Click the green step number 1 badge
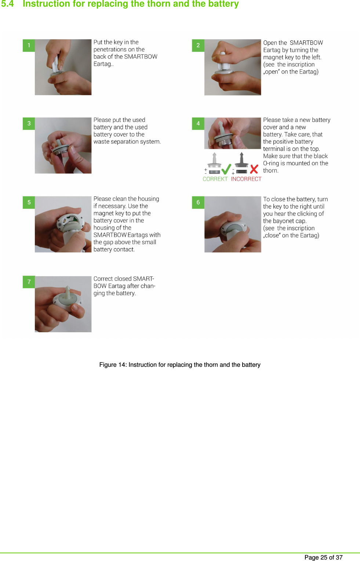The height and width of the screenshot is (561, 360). tap(29, 46)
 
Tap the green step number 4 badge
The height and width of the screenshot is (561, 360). tap(198, 124)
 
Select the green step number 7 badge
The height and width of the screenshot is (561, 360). tap(29, 282)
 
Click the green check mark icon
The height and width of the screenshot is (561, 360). tap(226, 169)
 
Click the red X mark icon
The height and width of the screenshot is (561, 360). tap(254, 169)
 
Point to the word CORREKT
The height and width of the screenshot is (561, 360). tap(215, 179)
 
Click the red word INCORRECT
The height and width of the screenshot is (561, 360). tap(246, 179)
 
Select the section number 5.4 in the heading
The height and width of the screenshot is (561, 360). tap(7, 4)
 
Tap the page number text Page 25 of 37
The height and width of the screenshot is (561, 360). tap(323, 557)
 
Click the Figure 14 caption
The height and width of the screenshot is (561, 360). tap(180, 365)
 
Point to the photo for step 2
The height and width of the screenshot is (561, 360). tap(233, 67)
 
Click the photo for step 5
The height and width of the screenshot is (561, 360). tap(63, 224)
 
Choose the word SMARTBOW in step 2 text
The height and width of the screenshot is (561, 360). tap(306, 43)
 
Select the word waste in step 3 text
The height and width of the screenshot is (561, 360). tap(102, 142)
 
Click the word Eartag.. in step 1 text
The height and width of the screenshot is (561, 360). tap(103, 64)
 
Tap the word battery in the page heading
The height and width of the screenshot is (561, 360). tap(223, 4)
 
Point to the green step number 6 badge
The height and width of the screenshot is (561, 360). tap(198, 202)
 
